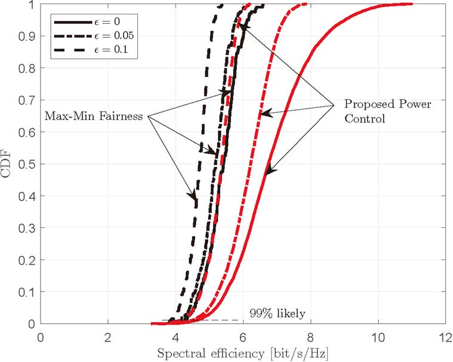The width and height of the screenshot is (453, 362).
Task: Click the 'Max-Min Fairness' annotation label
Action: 94,116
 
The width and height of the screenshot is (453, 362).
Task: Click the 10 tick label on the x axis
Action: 378,336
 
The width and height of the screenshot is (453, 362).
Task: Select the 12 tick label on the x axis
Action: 445,336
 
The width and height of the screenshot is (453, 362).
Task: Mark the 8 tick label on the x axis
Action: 310,336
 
